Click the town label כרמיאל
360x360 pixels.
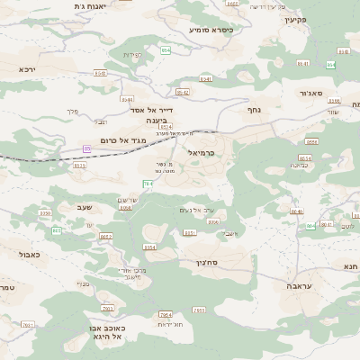202,153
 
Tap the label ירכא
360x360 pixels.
26,68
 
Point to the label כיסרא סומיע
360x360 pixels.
211,30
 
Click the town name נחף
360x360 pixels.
254,108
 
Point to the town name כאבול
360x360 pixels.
30,255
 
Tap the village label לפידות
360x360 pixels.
132,55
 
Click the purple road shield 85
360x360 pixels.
87,148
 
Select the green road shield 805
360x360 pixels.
57,231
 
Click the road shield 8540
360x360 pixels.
101,74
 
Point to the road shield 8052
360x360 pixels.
105,236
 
